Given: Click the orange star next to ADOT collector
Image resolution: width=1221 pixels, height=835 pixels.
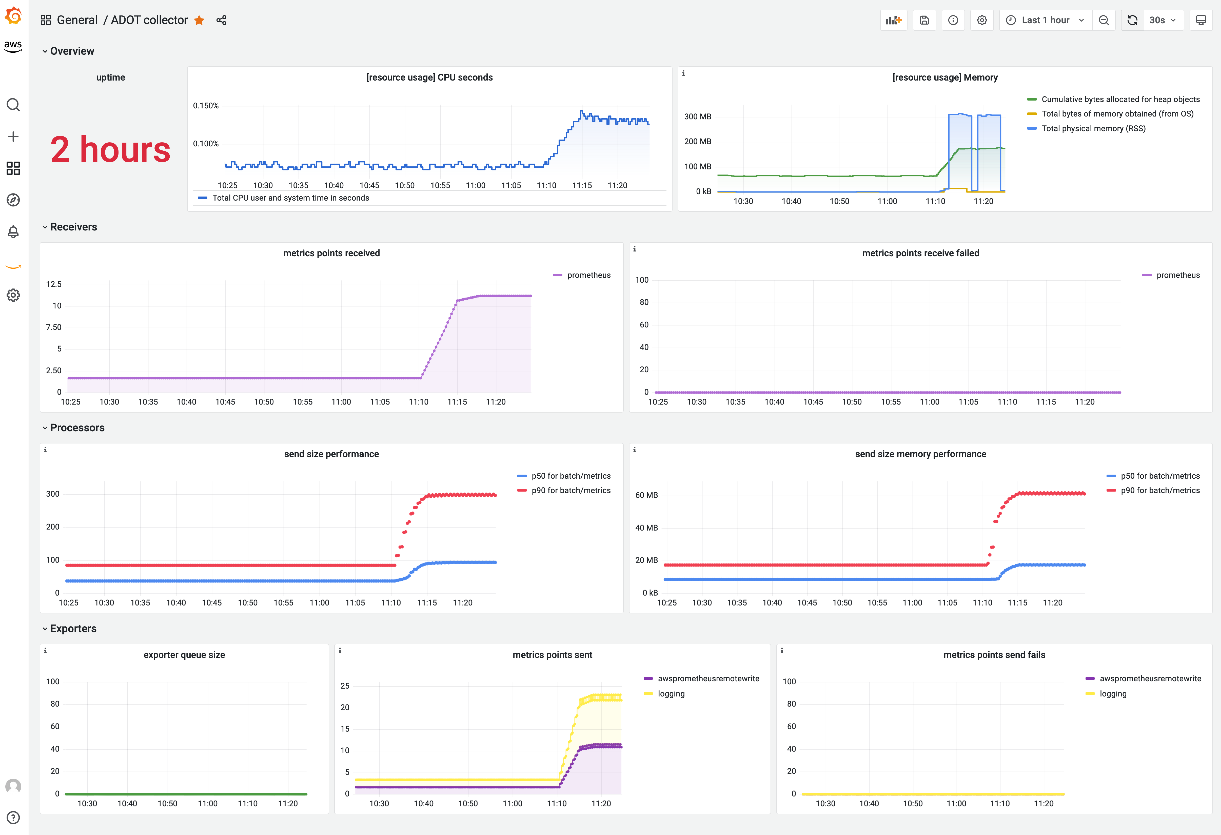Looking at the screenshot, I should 199,21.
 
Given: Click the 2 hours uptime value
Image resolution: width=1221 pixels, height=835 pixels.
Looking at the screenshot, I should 110,150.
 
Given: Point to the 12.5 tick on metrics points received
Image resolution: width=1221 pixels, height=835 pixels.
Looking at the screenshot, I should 54,284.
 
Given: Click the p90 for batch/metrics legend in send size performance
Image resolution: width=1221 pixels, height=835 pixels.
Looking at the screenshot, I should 570,490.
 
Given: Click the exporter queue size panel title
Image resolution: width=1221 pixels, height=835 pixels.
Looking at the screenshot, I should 184,655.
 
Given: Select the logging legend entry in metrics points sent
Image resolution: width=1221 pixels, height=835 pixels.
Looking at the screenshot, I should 671,694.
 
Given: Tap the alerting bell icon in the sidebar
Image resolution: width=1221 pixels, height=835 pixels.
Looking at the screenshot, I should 13,232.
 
